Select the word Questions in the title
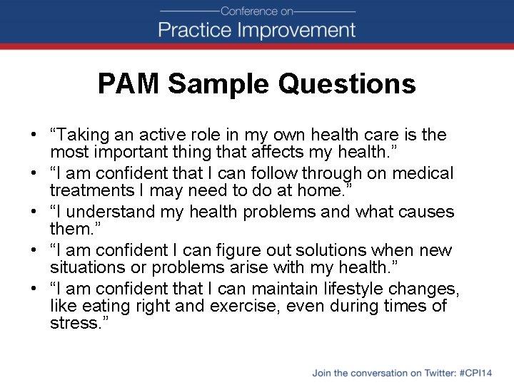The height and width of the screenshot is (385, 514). [347, 84]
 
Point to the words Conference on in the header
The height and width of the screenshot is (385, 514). [257, 11]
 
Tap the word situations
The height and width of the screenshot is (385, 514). [84, 267]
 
